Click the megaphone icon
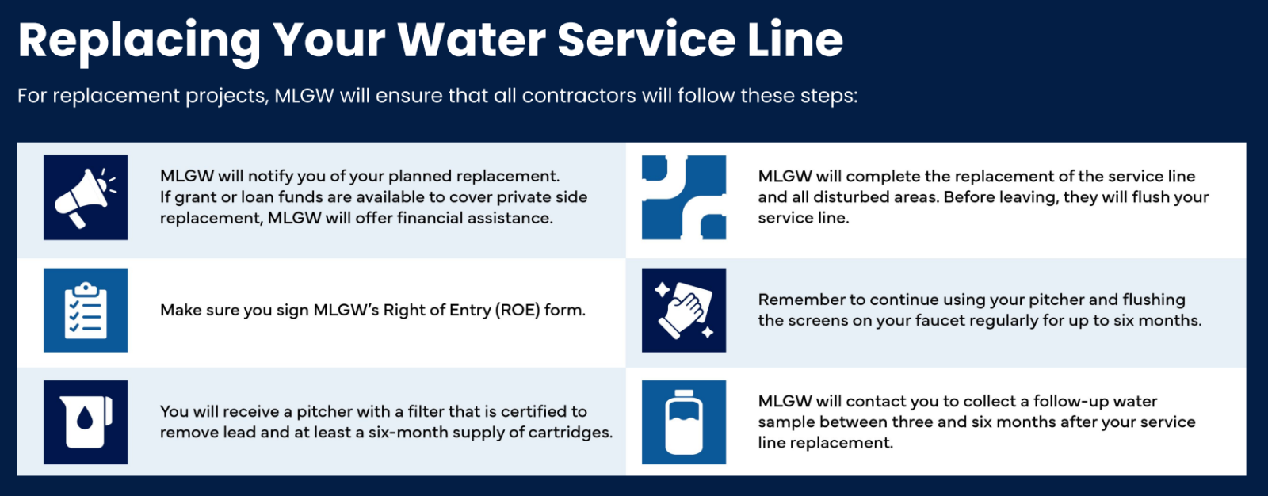coord(86,197)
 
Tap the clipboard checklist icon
coord(86,310)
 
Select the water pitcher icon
coord(86,422)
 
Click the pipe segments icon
coord(684,197)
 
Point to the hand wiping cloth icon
coord(684,310)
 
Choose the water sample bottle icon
coord(684,422)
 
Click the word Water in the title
coord(472,40)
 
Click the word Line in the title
coord(796,40)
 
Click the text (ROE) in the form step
coord(517,310)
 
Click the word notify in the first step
coord(273,177)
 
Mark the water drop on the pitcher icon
coord(84,418)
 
